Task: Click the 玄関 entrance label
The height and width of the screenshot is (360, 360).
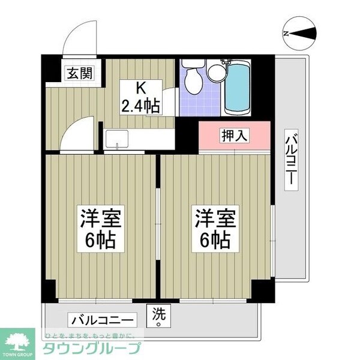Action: coord(80,73)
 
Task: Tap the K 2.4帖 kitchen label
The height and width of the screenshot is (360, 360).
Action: coord(141,97)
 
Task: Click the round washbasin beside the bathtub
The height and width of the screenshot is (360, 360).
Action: coord(217,72)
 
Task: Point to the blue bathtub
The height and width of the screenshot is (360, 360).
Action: coord(238,88)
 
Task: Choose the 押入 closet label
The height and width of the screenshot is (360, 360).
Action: coord(234,136)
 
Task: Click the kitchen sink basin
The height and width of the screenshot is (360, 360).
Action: coord(117,139)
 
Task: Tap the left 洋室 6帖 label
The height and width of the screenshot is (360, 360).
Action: coord(101,229)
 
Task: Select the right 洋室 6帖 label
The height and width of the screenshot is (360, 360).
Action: coord(215,229)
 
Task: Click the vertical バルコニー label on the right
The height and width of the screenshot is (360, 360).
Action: coord(291,160)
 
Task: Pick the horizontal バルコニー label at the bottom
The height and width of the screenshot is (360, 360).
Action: coord(102,320)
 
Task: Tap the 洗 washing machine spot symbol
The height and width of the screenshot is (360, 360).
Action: coord(158,316)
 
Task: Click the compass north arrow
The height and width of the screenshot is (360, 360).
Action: coord(302,34)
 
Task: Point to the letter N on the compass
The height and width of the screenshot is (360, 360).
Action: coord(286,34)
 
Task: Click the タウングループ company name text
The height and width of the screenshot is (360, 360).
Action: coord(92,348)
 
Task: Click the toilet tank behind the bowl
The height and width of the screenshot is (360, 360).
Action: coord(193,64)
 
